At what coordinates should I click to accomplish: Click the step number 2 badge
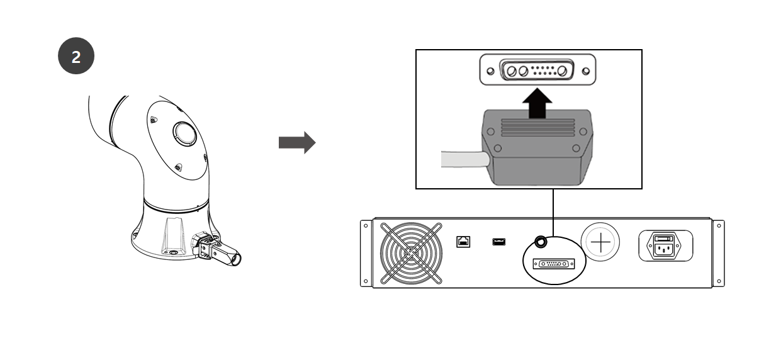click(x=76, y=57)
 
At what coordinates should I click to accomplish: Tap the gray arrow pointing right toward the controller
click(x=296, y=142)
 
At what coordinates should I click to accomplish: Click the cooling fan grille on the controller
click(x=412, y=252)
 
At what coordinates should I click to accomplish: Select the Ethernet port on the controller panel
click(x=463, y=241)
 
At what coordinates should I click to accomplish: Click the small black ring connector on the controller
click(x=539, y=240)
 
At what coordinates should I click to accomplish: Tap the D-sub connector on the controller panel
click(x=554, y=264)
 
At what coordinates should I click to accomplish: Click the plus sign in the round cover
click(x=600, y=242)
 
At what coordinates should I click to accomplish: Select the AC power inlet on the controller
click(x=665, y=246)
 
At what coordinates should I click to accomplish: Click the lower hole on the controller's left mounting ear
click(x=365, y=281)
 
